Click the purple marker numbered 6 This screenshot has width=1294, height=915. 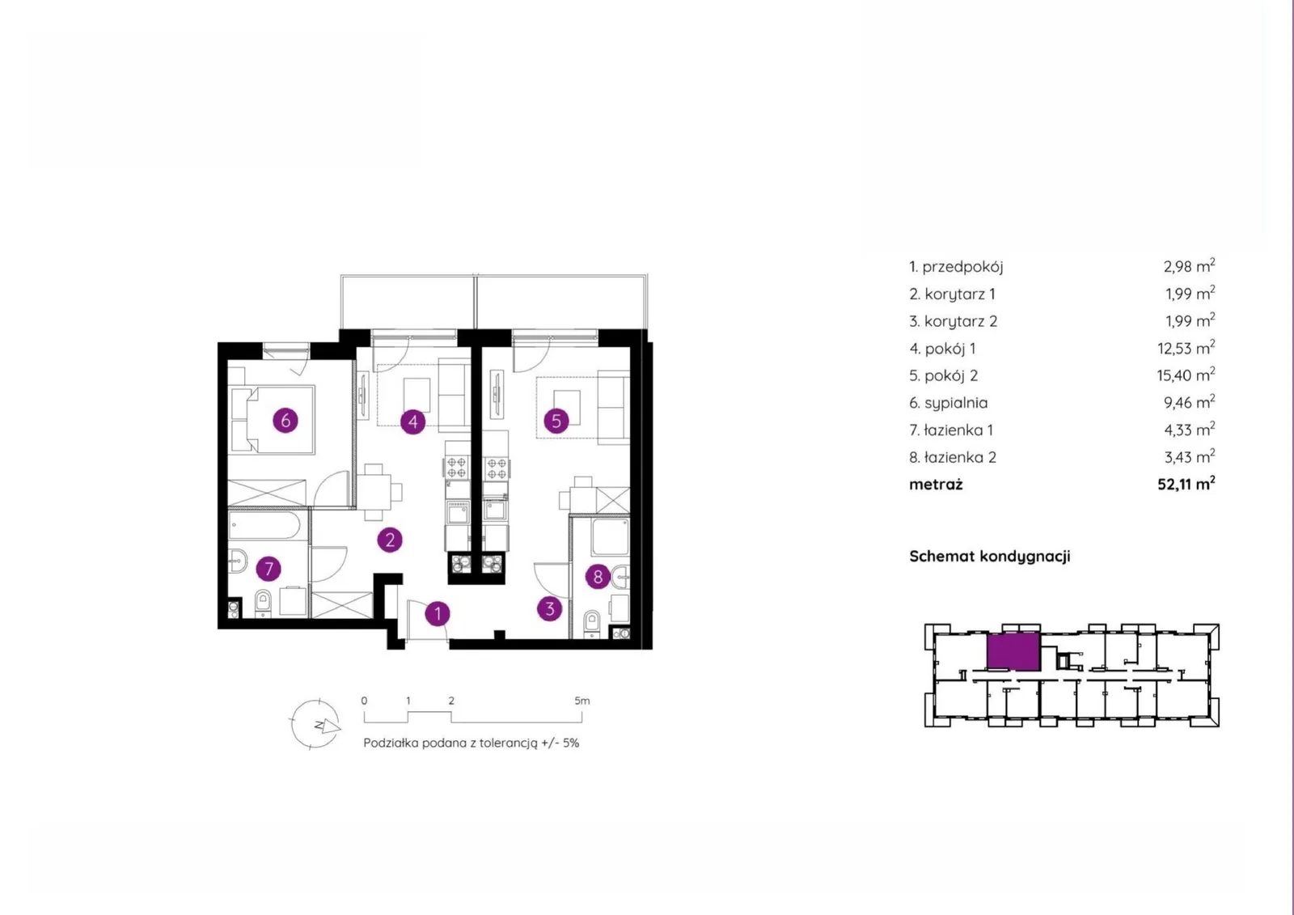pyautogui.click(x=285, y=420)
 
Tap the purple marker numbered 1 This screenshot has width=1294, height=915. pyautogui.click(x=438, y=613)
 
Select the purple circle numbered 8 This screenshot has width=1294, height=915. pyautogui.click(x=598, y=576)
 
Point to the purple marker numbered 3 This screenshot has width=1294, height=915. pyautogui.click(x=549, y=608)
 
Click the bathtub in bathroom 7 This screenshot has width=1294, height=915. pyautogui.click(x=264, y=525)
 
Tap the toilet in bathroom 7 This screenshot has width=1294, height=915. pyautogui.click(x=263, y=603)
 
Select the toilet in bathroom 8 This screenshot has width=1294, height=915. pyautogui.click(x=592, y=624)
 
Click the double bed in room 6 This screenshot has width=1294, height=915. pyautogui.click(x=272, y=419)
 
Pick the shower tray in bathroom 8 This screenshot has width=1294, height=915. pyautogui.click(x=610, y=537)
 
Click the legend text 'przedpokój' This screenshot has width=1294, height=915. pyautogui.click(x=962, y=267)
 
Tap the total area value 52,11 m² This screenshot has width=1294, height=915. pyautogui.click(x=1186, y=484)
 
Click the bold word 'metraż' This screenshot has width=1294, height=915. pyautogui.click(x=936, y=485)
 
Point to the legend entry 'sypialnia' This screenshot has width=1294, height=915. pyautogui.click(x=956, y=403)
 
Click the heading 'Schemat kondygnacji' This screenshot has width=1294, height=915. pyautogui.click(x=990, y=556)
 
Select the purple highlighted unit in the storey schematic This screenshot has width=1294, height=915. pyautogui.click(x=1013, y=652)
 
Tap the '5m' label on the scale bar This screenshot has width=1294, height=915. pyautogui.click(x=581, y=701)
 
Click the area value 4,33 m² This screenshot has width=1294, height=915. pyautogui.click(x=1189, y=430)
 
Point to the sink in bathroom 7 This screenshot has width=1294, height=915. pyautogui.click(x=237, y=560)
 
